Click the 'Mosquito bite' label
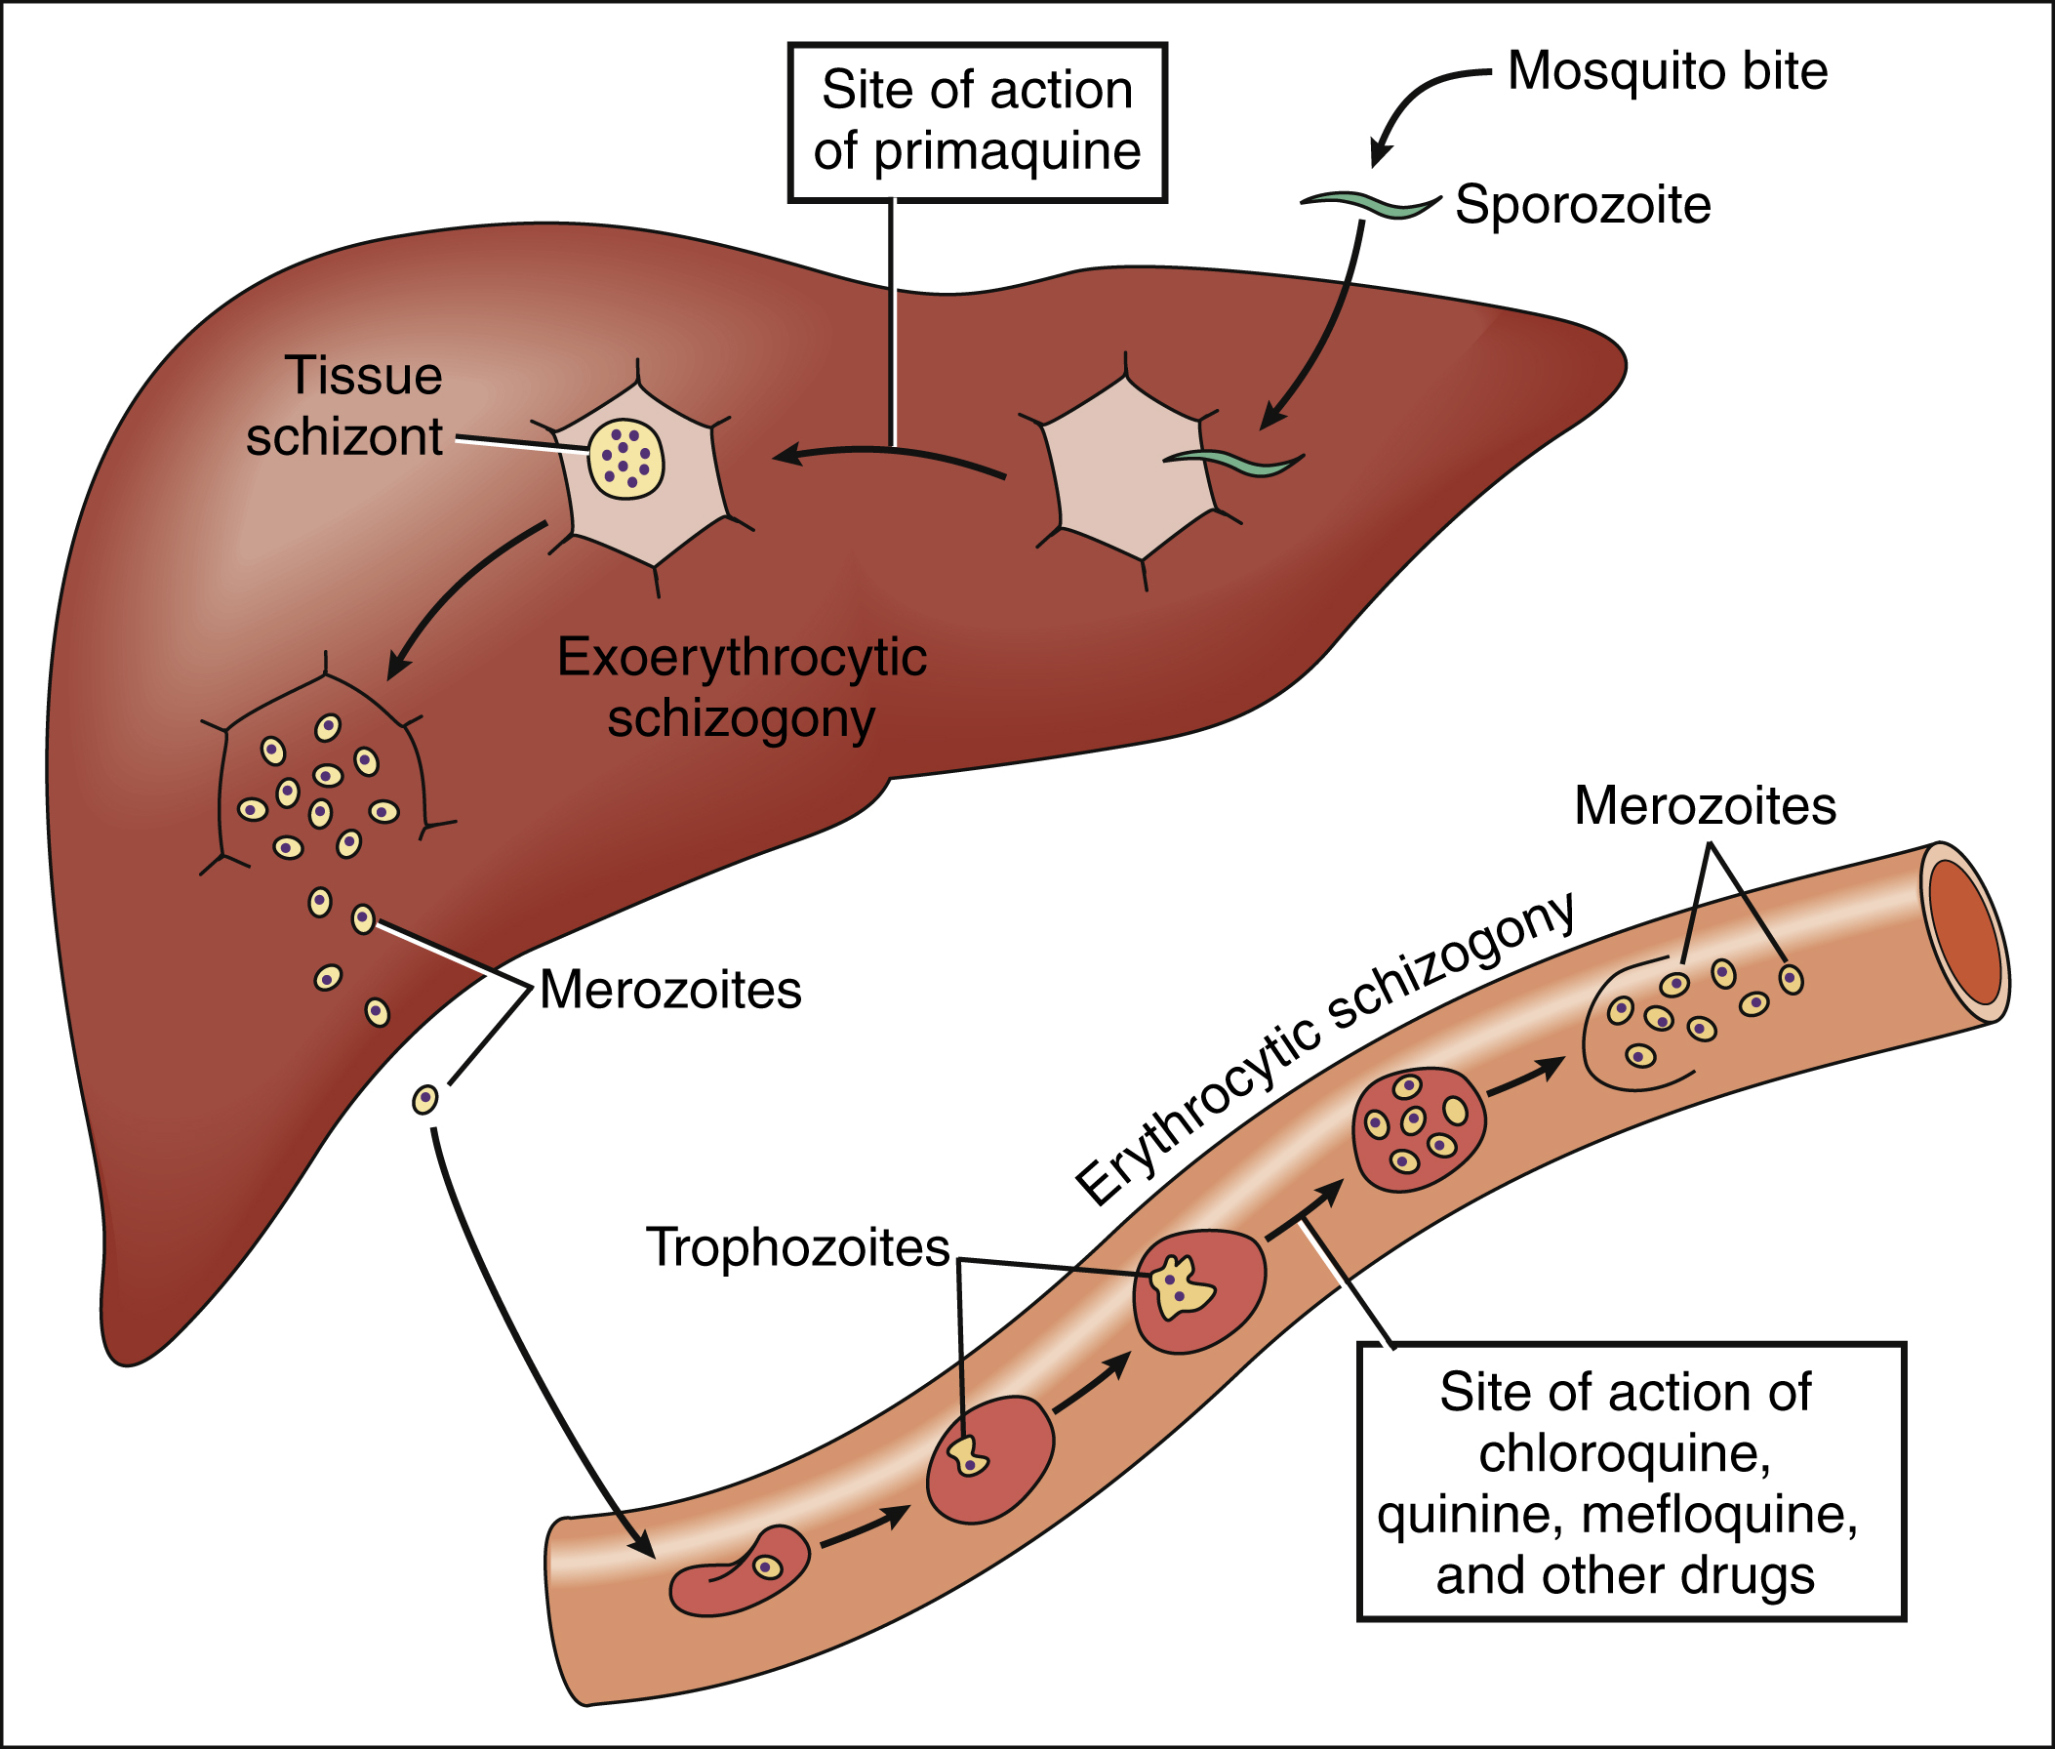point(1668,71)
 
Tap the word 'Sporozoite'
point(1582,205)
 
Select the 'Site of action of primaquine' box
point(977,122)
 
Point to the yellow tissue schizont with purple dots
point(625,459)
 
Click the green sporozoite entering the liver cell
point(1234,460)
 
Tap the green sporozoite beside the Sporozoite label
point(1370,205)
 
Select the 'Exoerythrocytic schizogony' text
point(742,687)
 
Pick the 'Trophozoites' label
point(798,1247)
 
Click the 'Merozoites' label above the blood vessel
point(1705,805)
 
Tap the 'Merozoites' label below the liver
point(670,990)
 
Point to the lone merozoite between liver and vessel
point(425,1100)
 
